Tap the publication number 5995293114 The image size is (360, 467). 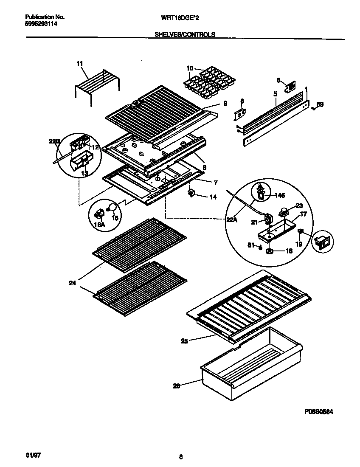42,24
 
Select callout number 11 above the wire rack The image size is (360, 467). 79,64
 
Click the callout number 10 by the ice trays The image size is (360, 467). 189,68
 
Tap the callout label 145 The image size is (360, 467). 280,196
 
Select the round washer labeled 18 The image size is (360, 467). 269,251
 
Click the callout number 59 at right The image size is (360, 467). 321,104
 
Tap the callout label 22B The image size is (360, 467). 54,142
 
